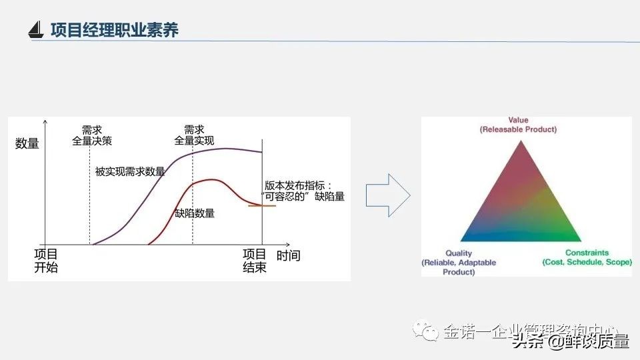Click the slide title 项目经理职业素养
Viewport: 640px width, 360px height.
(115, 30)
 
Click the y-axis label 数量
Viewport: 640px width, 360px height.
(27, 143)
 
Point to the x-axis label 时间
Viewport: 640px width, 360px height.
(288, 255)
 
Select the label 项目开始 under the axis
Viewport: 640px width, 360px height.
(46, 261)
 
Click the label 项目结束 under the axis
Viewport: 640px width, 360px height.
(255, 261)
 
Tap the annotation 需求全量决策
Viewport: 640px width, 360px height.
(92, 135)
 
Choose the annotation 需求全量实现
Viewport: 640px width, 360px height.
(194, 135)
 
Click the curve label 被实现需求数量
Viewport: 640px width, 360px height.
(130, 171)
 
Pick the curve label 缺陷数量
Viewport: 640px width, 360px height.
(195, 213)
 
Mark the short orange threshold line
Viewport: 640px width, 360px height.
(261, 205)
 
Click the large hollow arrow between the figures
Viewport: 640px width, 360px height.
(389, 195)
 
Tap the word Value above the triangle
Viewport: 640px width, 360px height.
(518, 121)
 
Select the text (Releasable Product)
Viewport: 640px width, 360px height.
(518, 129)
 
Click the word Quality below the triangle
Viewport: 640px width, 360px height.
(459, 253)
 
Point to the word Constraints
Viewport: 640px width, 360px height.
(587, 253)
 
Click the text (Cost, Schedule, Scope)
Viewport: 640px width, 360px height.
(587, 263)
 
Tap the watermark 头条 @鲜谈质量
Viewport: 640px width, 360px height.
(570, 341)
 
